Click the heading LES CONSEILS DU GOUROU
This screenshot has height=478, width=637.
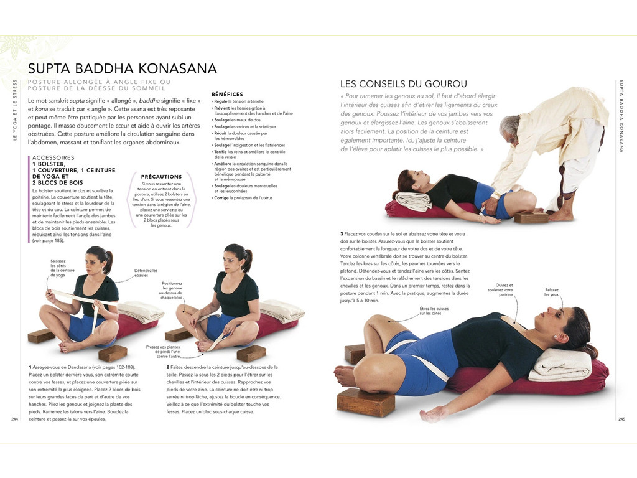coord(403,84)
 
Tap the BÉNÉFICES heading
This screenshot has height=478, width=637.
coord(227,94)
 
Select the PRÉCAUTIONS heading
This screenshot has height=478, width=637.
coord(162,177)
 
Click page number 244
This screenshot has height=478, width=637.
coord(15,419)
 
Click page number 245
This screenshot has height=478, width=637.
coord(621,419)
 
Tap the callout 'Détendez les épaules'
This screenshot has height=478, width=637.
coord(146,273)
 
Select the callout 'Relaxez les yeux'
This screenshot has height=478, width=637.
coord(552,292)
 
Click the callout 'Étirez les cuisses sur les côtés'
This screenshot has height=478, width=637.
coord(434,311)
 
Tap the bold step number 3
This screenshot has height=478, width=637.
coord(342,233)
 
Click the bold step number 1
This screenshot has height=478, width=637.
coord(30,367)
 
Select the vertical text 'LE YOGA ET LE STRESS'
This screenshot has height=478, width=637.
coord(15,110)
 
